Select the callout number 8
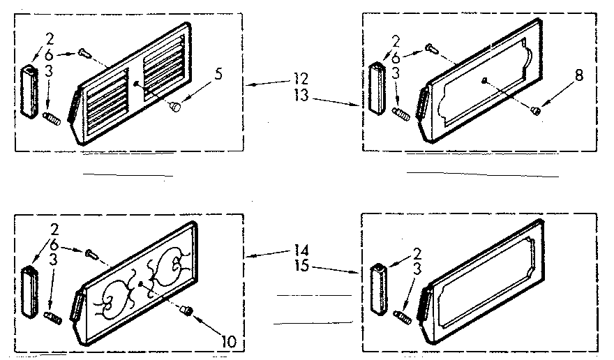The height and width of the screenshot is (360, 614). (x=578, y=78)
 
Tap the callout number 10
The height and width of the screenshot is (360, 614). (x=228, y=342)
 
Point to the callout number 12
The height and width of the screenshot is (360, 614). (x=301, y=78)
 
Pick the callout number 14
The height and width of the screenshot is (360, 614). (x=301, y=249)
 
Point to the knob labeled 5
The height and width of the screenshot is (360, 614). (x=175, y=106)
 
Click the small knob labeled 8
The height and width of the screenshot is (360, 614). (x=535, y=108)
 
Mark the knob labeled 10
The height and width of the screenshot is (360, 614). (x=186, y=310)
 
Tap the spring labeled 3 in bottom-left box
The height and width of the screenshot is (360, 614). (x=54, y=317)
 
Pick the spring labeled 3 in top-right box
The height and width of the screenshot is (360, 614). (x=401, y=113)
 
